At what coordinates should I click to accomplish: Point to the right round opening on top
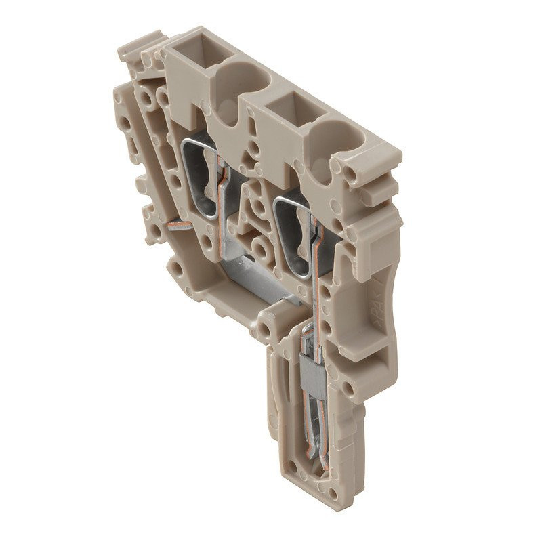click(333, 141)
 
